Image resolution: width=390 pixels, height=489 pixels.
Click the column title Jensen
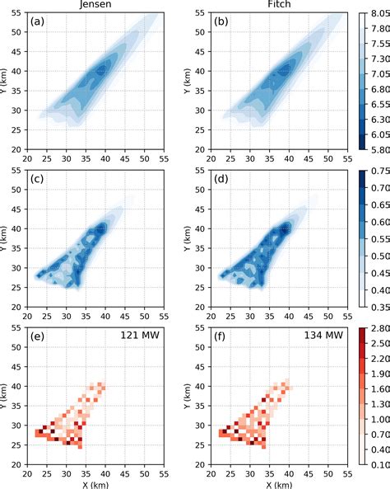[102, 4]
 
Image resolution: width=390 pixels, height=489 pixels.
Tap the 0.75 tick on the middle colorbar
[378, 172]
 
